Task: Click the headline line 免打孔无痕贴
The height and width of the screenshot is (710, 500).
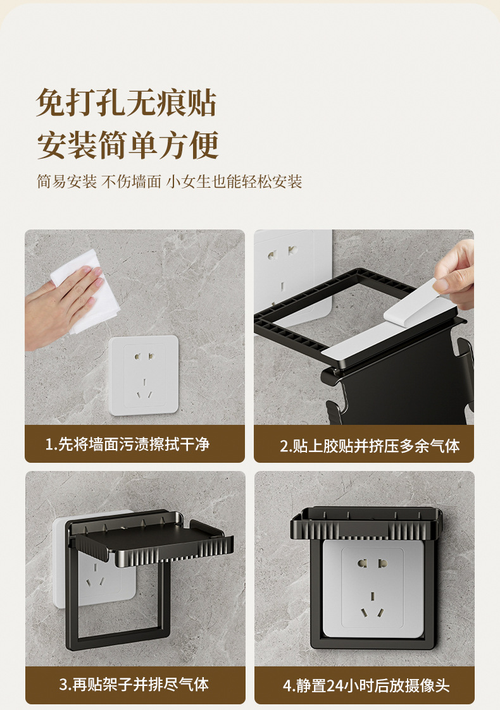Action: [x=127, y=102]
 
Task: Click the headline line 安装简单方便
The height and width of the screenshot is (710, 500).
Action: [x=128, y=145]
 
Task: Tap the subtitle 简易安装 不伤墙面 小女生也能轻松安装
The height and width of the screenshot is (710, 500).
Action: [x=170, y=181]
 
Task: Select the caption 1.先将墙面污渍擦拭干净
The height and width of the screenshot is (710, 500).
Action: [x=127, y=444]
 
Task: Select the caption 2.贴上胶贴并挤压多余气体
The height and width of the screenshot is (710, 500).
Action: [x=370, y=446]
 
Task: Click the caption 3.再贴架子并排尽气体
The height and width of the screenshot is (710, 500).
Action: [x=134, y=684]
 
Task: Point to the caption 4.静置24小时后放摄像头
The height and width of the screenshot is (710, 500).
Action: [x=366, y=685]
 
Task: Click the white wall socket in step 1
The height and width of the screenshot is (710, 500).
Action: [x=143, y=376]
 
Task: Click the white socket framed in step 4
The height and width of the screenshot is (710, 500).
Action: [x=373, y=588]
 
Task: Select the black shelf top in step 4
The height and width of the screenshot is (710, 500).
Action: [x=366, y=523]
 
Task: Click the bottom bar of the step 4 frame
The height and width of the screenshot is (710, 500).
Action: [x=373, y=644]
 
